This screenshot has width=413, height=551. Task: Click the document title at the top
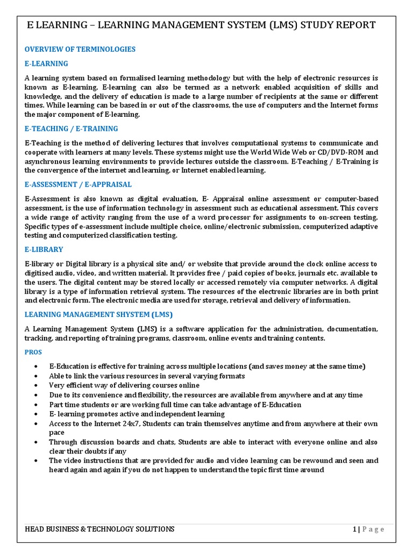202,25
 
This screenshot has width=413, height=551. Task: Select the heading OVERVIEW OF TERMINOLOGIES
80,50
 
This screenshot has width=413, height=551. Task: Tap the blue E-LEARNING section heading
46,63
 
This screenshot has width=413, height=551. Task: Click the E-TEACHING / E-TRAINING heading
71,129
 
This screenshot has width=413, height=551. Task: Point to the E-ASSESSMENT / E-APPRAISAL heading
78,184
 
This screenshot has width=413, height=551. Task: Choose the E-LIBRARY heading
44,250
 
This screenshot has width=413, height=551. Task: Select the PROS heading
33,352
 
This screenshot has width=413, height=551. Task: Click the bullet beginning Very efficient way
124,385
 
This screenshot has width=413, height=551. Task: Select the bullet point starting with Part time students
175,405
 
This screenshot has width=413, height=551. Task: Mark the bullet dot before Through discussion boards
35,442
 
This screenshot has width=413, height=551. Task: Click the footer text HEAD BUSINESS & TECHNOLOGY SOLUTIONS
99,529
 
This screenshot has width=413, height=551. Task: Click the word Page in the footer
373,529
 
